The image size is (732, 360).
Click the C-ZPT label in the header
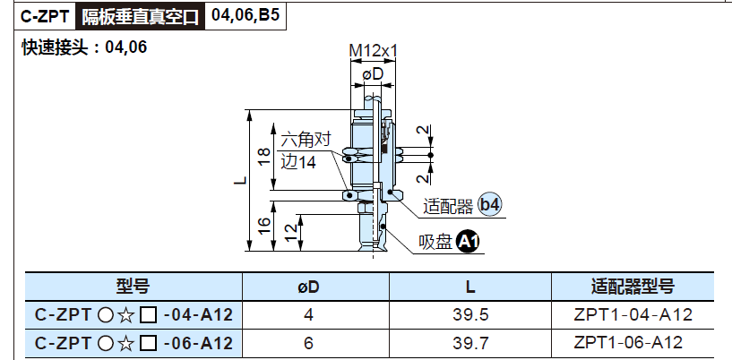coord(46,17)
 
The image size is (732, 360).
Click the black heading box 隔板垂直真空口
coord(140,17)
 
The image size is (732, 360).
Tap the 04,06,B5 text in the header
coord(245,16)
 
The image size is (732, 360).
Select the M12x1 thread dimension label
coord(374,51)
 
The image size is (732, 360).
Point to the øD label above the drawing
coord(373,73)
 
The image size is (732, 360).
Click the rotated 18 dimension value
coord(263,158)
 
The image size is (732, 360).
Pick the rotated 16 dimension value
coord(263,227)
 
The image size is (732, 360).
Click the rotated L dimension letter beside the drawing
coord(239,180)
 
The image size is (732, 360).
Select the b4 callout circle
coord(490,205)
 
